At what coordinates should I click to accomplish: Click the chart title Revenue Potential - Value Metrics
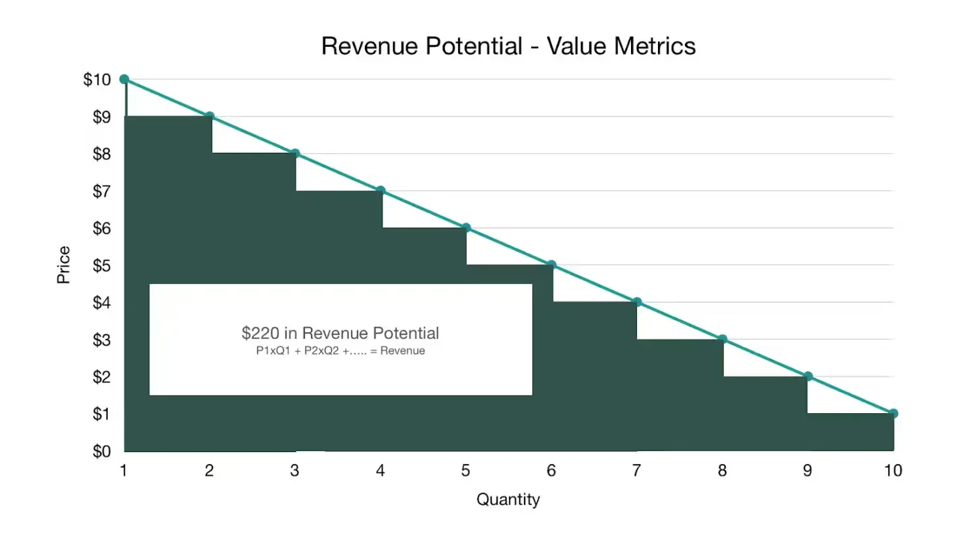pyautogui.click(x=508, y=46)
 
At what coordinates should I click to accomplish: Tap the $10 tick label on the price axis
pyautogui.click(x=96, y=80)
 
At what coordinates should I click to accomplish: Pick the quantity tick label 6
pyautogui.click(x=551, y=470)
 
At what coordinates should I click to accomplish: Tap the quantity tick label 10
pyautogui.click(x=892, y=470)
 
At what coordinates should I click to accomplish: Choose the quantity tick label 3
pyautogui.click(x=295, y=470)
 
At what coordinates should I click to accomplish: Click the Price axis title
pyautogui.click(x=63, y=265)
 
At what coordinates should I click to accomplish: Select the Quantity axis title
pyautogui.click(x=508, y=500)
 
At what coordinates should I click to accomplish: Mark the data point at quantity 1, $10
pyautogui.click(x=124, y=79)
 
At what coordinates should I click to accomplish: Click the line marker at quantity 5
pyautogui.click(x=466, y=228)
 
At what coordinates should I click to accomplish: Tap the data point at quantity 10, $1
pyautogui.click(x=893, y=413)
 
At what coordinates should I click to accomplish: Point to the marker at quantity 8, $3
pyautogui.click(x=722, y=340)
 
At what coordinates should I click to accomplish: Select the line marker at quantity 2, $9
pyautogui.click(x=210, y=116)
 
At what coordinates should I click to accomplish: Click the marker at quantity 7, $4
pyautogui.click(x=637, y=302)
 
